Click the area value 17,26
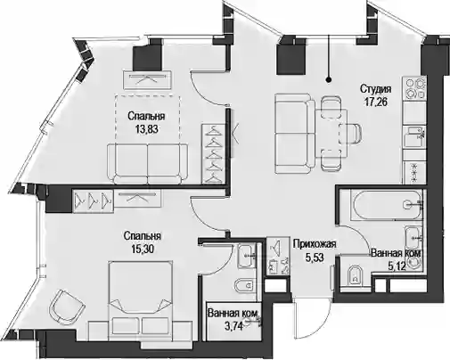[376, 102]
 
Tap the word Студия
[376, 88]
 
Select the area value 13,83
[146, 129]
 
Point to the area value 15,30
[143, 249]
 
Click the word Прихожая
[315, 244]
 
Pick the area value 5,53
[315, 258]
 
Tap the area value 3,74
[234, 326]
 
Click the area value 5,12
[397, 266]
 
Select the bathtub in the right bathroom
[386, 205]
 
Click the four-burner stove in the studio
[414, 89]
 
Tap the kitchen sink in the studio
[414, 137]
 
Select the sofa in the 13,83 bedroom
[147, 163]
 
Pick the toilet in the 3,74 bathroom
[245, 286]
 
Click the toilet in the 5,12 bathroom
[356, 274]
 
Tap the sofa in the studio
[294, 134]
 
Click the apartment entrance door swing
[312, 319]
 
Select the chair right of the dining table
[351, 134]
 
